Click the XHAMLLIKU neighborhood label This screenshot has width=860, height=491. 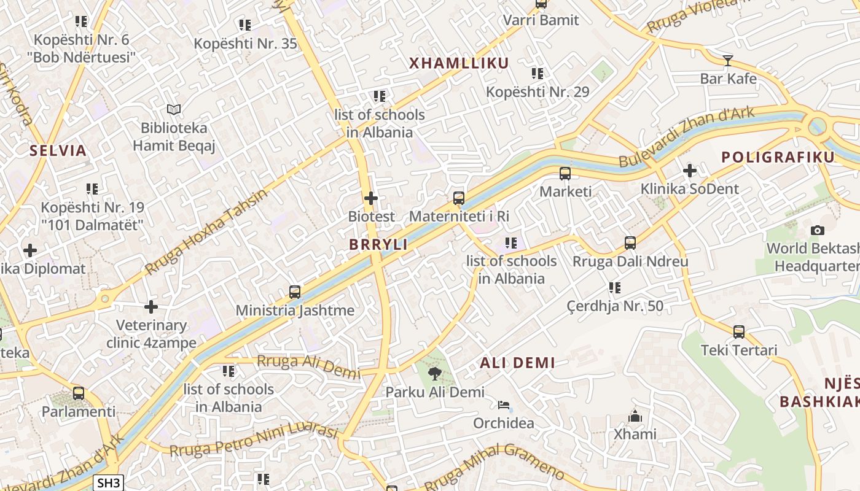[x=459, y=63]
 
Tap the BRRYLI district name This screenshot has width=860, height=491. [x=378, y=244]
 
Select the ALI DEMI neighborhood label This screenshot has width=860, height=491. [x=517, y=363]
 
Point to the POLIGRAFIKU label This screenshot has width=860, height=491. [x=778, y=157]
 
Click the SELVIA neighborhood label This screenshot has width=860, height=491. [x=58, y=150]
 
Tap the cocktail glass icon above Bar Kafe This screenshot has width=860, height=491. [x=728, y=60]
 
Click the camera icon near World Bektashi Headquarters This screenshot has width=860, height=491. [x=817, y=230]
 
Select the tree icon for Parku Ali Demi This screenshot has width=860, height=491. [x=435, y=373]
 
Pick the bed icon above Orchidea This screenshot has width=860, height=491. [x=503, y=405]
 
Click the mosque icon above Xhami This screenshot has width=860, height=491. [x=635, y=416]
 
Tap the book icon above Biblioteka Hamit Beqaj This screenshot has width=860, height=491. [x=174, y=110]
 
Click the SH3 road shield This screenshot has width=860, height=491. [x=109, y=482]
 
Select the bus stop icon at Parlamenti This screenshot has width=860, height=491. [x=79, y=393]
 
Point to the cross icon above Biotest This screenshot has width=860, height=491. [x=371, y=198]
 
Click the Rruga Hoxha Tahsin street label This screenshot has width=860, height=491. [x=206, y=232]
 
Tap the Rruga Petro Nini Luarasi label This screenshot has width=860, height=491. [x=253, y=441]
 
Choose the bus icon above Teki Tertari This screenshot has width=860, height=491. [x=739, y=332]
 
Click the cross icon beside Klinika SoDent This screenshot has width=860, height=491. [x=690, y=171]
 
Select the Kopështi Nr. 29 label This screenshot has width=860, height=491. [x=537, y=92]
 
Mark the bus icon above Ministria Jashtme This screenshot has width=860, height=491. [x=295, y=292]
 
